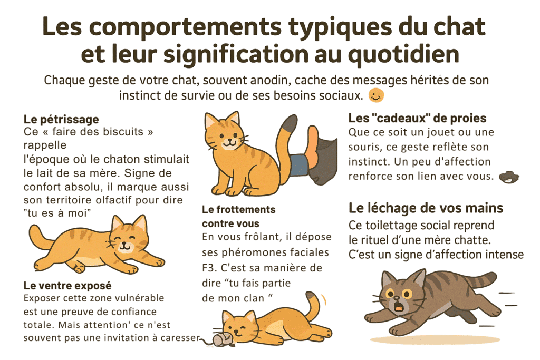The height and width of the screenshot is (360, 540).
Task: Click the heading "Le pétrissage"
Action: point(62,120)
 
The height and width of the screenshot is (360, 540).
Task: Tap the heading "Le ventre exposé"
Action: point(67,286)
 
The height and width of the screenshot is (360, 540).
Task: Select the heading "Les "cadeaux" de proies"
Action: point(417,118)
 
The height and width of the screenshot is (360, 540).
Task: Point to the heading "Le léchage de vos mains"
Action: point(426,208)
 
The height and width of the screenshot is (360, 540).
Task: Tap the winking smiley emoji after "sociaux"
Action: point(376,96)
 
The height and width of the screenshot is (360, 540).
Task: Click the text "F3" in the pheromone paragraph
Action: point(209,268)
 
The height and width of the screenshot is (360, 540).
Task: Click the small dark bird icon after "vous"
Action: point(508,177)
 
